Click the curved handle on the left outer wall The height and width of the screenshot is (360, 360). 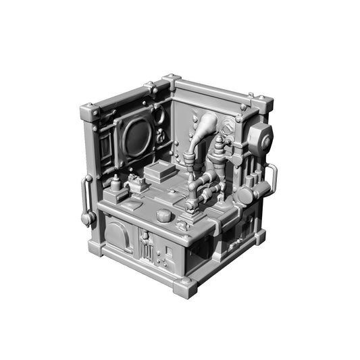[86, 199]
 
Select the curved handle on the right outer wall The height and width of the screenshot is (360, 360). [272, 179]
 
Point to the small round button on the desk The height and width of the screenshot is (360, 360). [163, 215]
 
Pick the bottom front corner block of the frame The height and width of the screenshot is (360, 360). [185, 286]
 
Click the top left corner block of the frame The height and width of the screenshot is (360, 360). [89, 113]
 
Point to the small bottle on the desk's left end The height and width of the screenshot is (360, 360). [115, 183]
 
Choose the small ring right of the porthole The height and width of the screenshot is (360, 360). [161, 137]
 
